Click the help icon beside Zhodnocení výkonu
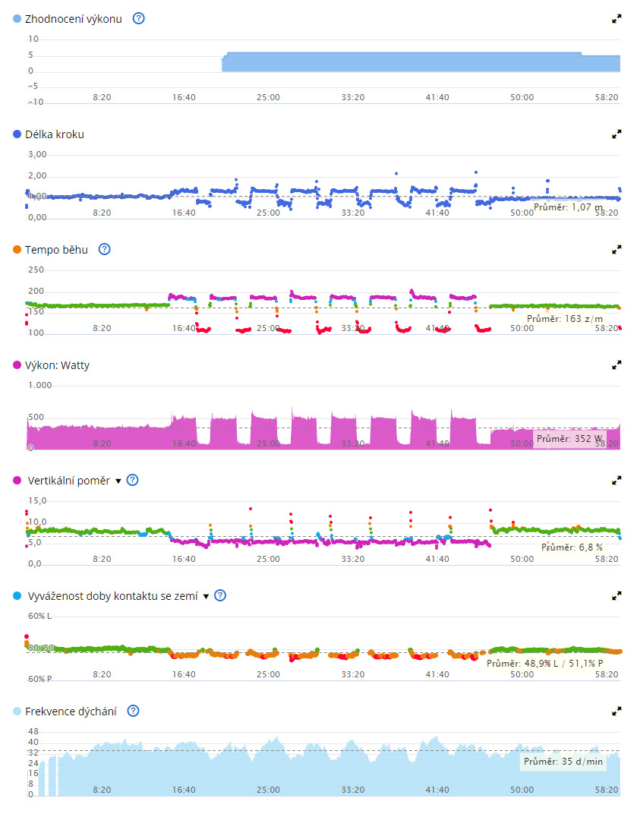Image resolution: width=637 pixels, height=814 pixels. coord(138,18)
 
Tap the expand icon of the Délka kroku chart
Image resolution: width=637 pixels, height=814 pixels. coord(617,134)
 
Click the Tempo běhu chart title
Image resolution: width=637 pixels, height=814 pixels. coord(56,249)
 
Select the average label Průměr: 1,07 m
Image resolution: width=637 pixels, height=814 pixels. coord(568,207)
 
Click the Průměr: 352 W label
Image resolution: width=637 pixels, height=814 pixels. coord(569,438)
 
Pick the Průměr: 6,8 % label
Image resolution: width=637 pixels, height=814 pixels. coord(572,547)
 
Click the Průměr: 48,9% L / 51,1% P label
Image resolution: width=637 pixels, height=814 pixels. coord(544,663)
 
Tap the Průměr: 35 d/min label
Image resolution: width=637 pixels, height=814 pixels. coord(563,761)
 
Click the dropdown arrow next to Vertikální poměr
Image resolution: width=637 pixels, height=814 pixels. coord(118,481)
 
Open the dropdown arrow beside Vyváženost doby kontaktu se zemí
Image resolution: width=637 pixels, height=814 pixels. coord(205,596)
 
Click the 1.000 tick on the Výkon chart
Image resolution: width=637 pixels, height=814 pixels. coord(39,385)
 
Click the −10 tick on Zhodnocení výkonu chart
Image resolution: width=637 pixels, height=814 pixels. coord(35,102)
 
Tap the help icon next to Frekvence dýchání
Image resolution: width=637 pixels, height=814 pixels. coord(134,711)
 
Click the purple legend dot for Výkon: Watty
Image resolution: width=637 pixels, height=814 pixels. coord(17,365)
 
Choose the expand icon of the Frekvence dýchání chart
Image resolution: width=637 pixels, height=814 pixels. coord(617,711)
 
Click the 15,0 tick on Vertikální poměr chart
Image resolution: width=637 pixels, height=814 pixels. coord(37,500)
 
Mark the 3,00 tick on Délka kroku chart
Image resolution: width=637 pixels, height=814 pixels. coord(37,154)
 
